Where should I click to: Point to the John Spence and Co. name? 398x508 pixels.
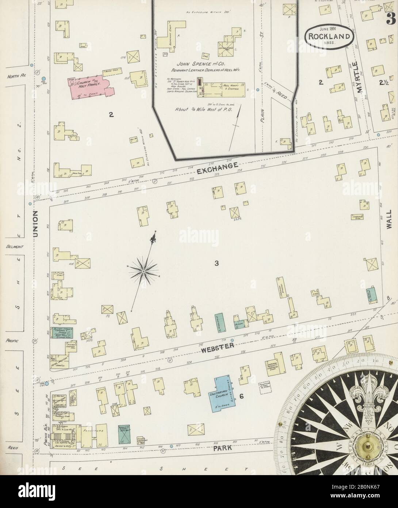(x=203, y=63)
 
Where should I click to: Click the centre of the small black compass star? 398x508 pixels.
(x=143, y=271)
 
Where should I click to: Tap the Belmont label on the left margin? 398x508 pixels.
(x=14, y=247)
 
